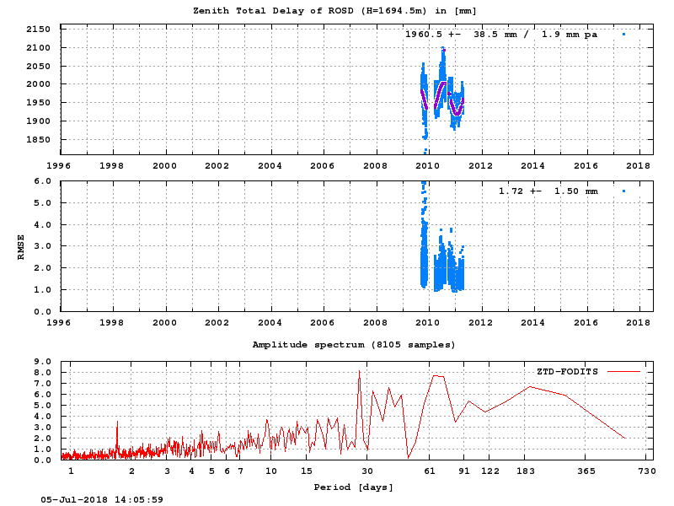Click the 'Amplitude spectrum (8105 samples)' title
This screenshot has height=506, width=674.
click(x=354, y=345)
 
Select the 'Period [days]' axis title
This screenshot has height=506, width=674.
click(x=354, y=487)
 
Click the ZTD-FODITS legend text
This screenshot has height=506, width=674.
click(x=567, y=371)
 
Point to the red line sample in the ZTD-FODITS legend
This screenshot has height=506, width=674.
click(x=623, y=371)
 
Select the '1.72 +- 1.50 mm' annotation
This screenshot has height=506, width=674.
click(x=548, y=191)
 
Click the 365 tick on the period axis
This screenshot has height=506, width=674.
click(x=587, y=471)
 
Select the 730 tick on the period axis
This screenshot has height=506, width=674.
click(x=646, y=471)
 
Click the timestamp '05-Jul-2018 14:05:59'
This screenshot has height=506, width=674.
click(x=102, y=499)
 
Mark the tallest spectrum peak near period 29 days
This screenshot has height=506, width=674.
click(x=359, y=371)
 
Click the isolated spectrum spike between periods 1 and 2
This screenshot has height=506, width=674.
click(x=117, y=422)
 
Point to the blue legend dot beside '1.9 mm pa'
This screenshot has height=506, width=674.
click(x=623, y=35)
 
